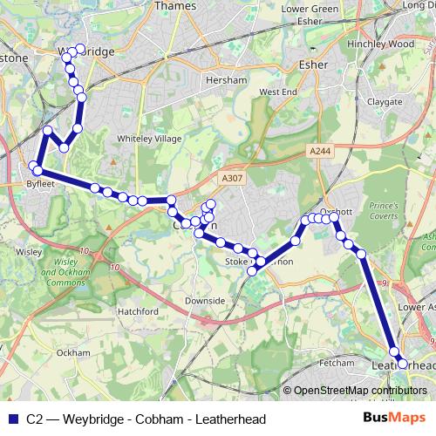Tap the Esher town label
(312, 64)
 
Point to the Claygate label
(384, 101)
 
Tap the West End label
(278, 92)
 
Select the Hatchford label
(137, 311)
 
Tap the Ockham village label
(72, 353)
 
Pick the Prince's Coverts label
(384, 210)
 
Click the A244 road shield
(319, 151)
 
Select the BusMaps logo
(393, 419)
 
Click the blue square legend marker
(12, 419)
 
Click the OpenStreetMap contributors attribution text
(360, 391)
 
